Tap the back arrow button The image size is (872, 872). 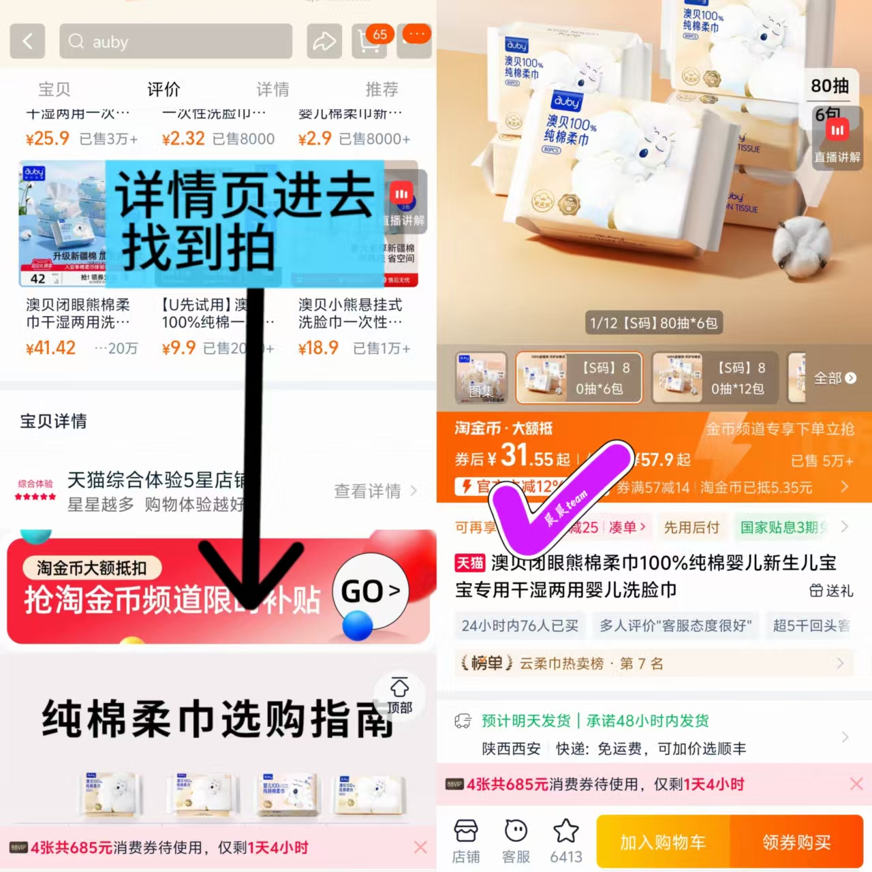[x=27, y=41]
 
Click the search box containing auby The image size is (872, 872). [x=176, y=42]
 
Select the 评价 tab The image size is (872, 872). [x=163, y=89]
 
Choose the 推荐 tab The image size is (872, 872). [x=381, y=89]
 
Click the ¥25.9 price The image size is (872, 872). [x=48, y=138]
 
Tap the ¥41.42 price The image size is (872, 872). [x=50, y=347]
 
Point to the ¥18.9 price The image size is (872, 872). [x=318, y=347]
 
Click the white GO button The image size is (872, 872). [x=370, y=591]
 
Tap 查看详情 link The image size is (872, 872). [x=375, y=490]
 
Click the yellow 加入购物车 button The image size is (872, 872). [x=663, y=842]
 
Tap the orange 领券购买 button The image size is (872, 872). [x=796, y=842]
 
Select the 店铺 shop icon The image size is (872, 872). [x=466, y=841]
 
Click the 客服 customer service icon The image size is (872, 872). [x=516, y=841]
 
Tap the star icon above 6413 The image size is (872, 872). [x=566, y=831]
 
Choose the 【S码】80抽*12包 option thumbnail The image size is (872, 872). [x=713, y=378]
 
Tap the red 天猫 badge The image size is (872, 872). [x=469, y=563]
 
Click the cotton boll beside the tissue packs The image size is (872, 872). [x=802, y=245]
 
